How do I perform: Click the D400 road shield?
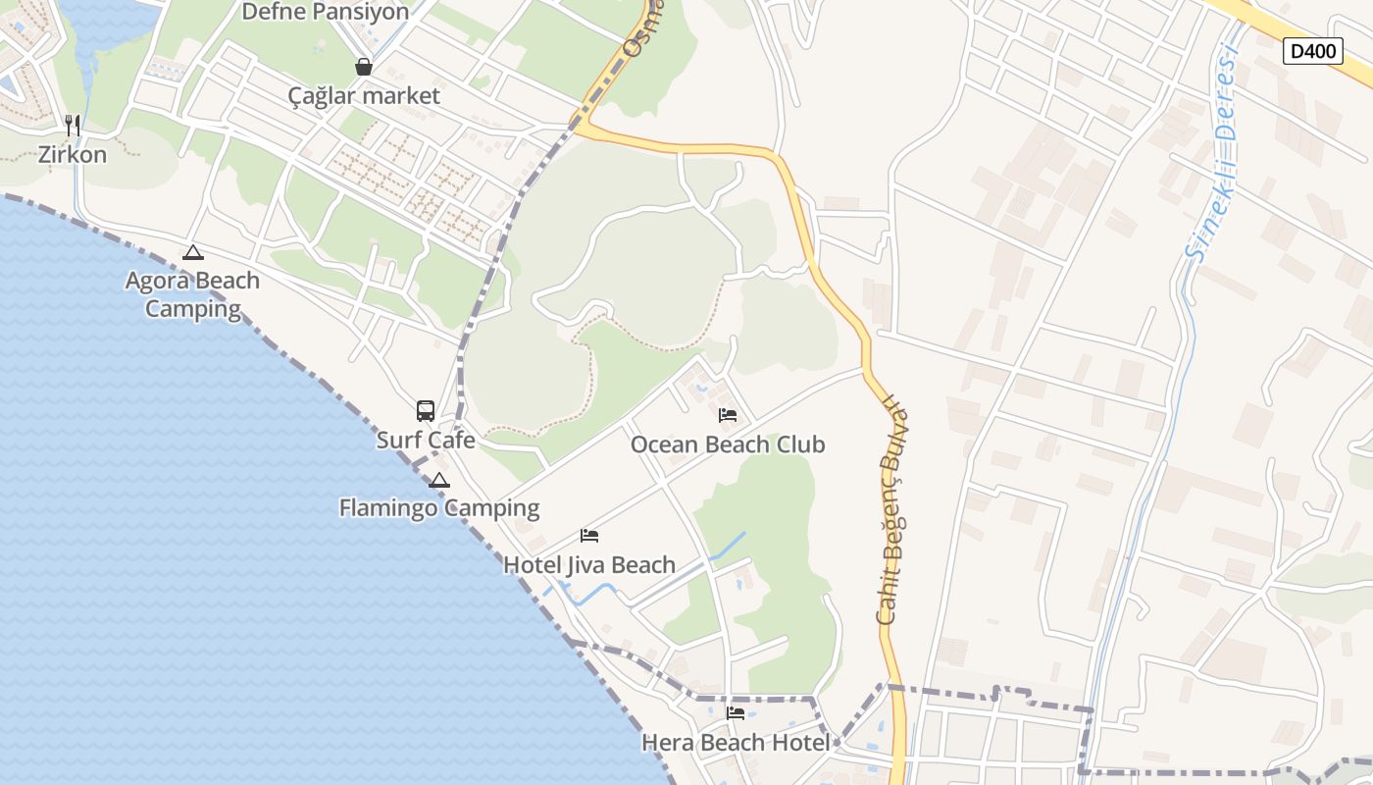coord(1312,51)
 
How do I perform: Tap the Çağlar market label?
coord(364,96)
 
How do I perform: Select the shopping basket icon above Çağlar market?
coord(364,67)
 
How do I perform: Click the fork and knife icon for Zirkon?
coord(72,125)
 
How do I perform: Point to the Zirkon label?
coord(73,155)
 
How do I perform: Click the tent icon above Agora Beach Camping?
coord(193,253)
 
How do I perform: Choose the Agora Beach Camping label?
coord(193,294)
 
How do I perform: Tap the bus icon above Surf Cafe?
coord(426,411)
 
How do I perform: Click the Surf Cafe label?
coord(426,441)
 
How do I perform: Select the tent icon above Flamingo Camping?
coord(439,480)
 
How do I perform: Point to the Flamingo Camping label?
coord(439,508)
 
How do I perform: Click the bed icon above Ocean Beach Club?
coord(728,415)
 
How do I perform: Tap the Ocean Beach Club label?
coord(728,445)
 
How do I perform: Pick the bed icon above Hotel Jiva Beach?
coord(589,536)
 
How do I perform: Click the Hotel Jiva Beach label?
coord(589,565)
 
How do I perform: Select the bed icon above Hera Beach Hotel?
coord(736,713)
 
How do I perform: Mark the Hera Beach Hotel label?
coord(736,743)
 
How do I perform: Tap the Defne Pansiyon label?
coord(325,12)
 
